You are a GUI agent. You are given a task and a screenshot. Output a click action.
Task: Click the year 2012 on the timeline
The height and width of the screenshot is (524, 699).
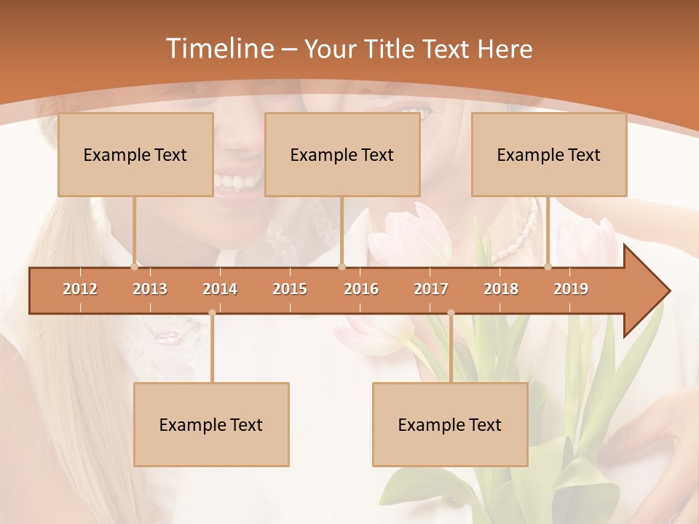tap(80, 289)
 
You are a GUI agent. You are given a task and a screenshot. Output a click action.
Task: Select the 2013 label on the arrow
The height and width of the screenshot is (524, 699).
tap(150, 289)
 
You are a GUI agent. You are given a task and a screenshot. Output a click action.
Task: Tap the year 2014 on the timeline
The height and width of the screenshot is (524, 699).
tap(220, 289)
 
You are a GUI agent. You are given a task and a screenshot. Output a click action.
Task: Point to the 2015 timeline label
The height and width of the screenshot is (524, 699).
tap(290, 289)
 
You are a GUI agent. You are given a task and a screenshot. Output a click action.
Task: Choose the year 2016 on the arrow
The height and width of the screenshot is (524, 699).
tap(361, 289)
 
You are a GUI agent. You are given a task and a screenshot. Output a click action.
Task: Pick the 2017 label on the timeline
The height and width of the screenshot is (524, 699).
tap(431, 289)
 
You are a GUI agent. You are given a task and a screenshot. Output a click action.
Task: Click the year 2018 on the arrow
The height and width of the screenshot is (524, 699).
tap(501, 289)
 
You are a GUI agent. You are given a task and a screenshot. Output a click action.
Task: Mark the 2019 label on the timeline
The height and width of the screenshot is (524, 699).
tap(571, 289)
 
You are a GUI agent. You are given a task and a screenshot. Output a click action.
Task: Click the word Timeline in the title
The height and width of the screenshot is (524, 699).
tap(218, 49)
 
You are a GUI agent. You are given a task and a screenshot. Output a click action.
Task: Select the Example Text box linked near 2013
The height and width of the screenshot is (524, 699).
tap(135, 154)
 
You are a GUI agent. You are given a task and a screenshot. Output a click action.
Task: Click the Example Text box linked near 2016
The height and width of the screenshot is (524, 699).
tap(342, 154)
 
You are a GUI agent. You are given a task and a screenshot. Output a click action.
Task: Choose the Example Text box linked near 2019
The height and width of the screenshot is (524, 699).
tap(549, 154)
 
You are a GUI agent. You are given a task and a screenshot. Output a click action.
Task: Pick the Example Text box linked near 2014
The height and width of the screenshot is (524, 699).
tap(211, 424)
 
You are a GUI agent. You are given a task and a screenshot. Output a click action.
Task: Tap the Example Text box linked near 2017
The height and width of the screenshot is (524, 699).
tap(450, 424)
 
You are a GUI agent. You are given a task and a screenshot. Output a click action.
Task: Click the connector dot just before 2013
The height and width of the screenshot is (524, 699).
tap(134, 266)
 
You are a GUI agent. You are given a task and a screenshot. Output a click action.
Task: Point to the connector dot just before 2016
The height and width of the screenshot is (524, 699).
tap(341, 266)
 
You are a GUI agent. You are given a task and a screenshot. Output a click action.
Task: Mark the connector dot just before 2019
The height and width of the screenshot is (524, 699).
tap(548, 266)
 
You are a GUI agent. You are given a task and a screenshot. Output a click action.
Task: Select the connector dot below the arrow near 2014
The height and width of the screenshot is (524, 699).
tap(212, 313)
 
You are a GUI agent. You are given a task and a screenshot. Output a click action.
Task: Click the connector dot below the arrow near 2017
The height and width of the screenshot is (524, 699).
tap(451, 313)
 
